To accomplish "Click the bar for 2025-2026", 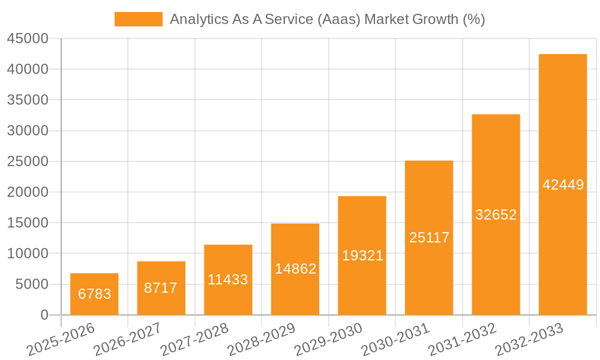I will tap(94, 294).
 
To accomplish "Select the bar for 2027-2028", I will tap(228, 280).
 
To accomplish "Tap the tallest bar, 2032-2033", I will tap(563, 184).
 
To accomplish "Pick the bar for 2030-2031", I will tap(429, 238).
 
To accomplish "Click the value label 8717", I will tap(161, 288).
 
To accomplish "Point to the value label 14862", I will tap(295, 269).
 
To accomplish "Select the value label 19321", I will tap(362, 256).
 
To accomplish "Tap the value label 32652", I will tap(496, 215).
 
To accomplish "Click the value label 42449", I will tap(563, 185).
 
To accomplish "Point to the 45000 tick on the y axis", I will tap(28, 39).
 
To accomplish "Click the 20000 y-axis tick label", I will tap(28, 193).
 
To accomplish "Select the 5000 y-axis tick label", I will tap(31, 284).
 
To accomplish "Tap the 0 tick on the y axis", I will tap(44, 315).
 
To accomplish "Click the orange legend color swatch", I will tap(138, 19).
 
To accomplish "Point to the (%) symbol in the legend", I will tap(474, 19).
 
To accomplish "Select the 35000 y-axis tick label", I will tap(28, 100).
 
